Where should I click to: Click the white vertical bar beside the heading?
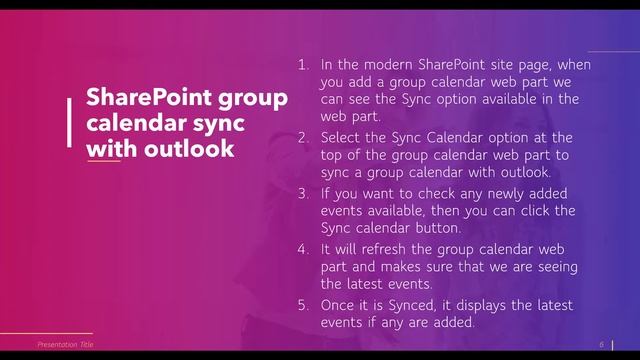pos(68,123)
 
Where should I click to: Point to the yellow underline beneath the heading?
pos(103,161)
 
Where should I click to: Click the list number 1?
pos(303,64)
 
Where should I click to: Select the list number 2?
pos(303,137)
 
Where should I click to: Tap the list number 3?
pos(303,192)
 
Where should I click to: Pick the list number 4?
pos(303,247)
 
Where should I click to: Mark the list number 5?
pos(303,302)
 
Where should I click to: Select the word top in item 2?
pos(336,155)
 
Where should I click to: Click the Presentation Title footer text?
pos(58,343)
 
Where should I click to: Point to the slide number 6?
pos(602,343)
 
